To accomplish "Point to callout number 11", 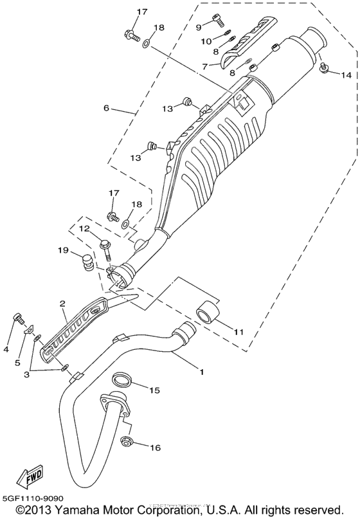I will click(x=238, y=332).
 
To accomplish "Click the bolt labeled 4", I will click(x=18, y=318).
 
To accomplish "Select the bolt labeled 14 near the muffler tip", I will click(x=325, y=66).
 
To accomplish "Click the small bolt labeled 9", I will click(x=215, y=26).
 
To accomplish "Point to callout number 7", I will click(x=204, y=66).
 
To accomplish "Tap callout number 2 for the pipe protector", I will click(x=63, y=302).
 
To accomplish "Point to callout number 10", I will click(x=207, y=41).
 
